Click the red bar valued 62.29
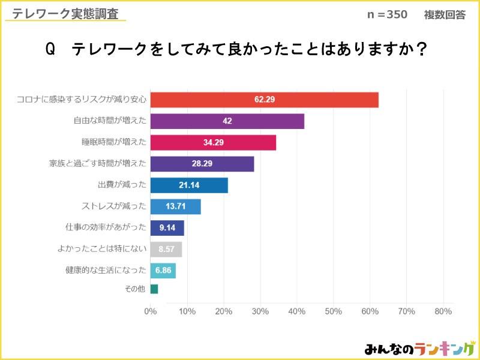(264, 100)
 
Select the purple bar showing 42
(227, 121)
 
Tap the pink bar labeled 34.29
(213, 142)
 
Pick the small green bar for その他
(154, 289)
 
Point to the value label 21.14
(188, 185)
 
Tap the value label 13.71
(175, 207)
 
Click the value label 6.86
(163, 271)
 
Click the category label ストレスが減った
(113, 207)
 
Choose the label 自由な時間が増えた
(109, 121)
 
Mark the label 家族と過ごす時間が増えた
(97, 164)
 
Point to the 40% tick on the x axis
(296, 311)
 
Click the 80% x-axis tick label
(443, 311)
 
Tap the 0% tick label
(151, 311)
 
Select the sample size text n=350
(387, 15)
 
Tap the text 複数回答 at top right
(445, 15)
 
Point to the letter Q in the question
(50, 50)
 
